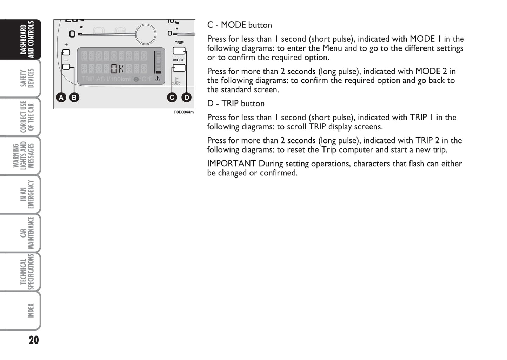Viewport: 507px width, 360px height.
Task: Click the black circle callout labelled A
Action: pos(61,97)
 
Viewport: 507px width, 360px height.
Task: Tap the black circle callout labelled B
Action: pos(74,97)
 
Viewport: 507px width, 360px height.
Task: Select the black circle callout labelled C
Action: pos(172,97)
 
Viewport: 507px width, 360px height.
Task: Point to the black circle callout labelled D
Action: pos(187,97)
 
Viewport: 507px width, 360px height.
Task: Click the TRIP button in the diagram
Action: pos(179,51)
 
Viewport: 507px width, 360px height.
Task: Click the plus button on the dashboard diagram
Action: pos(66,53)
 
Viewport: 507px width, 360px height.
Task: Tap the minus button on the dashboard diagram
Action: pos(66,67)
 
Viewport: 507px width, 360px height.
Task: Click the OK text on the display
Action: pos(117,68)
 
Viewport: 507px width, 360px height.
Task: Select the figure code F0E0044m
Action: pos(184,112)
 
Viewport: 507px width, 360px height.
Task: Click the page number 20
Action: pos(34,340)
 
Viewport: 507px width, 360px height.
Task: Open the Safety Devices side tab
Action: pos(27,78)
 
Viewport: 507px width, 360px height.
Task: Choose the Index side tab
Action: pos(31,311)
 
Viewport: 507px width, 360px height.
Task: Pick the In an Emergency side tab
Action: pos(27,194)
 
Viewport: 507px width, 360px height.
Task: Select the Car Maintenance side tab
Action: pos(27,233)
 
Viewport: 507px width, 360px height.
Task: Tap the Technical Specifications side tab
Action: pos(27,272)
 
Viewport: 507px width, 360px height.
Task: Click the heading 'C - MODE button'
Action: pos(240,25)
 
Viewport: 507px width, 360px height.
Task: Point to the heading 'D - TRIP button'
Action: pos(236,104)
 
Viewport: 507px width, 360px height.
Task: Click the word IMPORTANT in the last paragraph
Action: pos(231,164)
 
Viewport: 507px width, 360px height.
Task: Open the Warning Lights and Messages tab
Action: pos(23,155)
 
